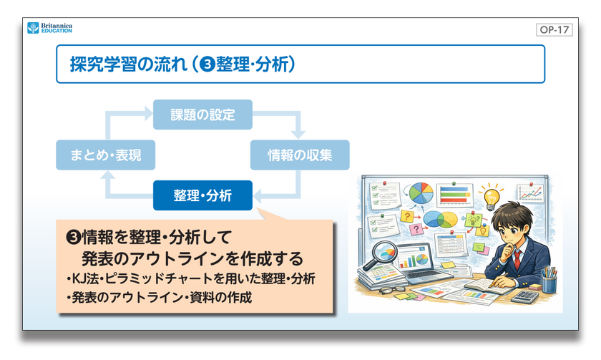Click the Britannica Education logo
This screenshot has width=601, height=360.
pyautogui.click(x=49, y=28)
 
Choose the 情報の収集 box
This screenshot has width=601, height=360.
pyautogui.click(x=298, y=155)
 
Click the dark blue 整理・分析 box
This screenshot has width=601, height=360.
pyautogui.click(x=202, y=195)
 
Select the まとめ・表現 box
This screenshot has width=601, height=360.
pyautogui.click(x=105, y=155)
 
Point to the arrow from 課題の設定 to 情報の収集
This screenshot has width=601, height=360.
pyautogui.click(x=290, y=122)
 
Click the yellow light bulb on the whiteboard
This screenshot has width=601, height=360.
pyautogui.click(x=490, y=195)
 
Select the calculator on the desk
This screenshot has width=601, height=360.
pyautogui.click(x=528, y=295)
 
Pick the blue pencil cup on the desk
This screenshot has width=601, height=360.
pyautogui.click(x=549, y=283)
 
